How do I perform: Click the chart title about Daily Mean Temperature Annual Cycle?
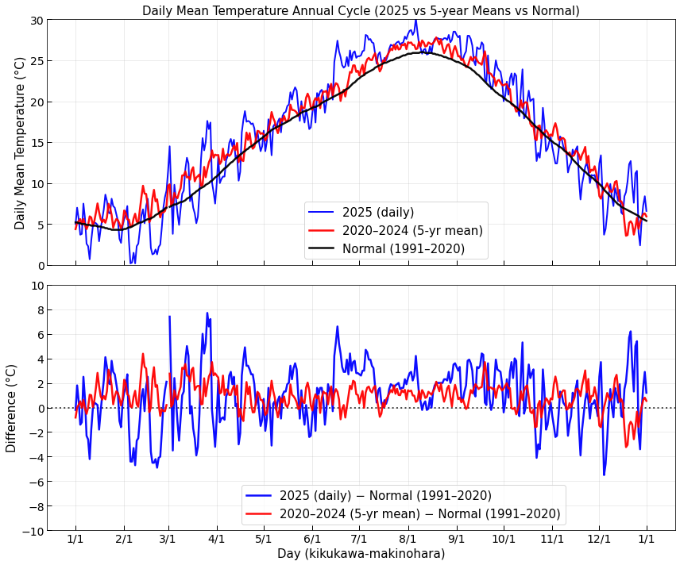[x=361, y=11]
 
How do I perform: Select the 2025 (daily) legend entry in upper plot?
[x=378, y=213]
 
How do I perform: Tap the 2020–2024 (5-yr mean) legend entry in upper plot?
[x=412, y=231]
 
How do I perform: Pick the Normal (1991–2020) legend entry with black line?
[x=404, y=249]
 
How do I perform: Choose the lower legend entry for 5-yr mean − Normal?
[x=420, y=514]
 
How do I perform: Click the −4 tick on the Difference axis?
[x=33, y=457]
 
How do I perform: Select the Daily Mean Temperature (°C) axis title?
[x=21, y=143]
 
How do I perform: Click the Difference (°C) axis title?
[x=12, y=408]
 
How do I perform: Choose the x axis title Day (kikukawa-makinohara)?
[x=361, y=554]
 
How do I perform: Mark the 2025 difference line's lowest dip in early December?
[x=604, y=475]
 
